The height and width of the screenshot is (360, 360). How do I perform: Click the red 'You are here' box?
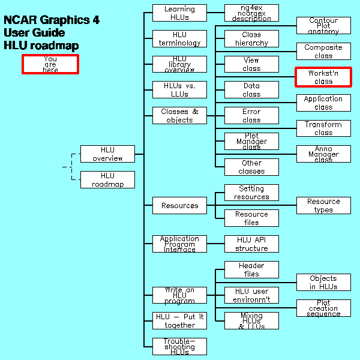tap(50, 64)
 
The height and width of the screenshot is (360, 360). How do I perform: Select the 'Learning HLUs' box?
tap(179, 13)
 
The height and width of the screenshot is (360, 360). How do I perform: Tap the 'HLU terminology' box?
tap(179, 38)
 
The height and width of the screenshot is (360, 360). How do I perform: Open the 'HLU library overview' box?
tap(179, 64)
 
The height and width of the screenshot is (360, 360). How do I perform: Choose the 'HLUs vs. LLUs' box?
tap(179, 90)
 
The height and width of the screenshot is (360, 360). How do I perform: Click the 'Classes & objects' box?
tap(179, 115)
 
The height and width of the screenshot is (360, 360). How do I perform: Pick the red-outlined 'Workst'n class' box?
tap(323, 77)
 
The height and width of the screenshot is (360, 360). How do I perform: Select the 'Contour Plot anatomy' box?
tap(323, 26)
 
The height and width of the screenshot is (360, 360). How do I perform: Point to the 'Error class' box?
tap(251, 115)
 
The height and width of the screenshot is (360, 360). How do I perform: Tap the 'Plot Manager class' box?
tap(251, 141)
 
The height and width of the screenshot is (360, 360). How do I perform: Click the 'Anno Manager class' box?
tap(323, 154)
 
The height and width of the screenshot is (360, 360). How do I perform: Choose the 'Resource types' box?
tap(323, 205)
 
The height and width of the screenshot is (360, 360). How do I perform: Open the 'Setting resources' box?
tap(251, 193)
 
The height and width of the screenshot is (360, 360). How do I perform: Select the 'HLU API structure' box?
tap(251, 244)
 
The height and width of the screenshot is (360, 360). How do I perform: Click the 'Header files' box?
tap(251, 269)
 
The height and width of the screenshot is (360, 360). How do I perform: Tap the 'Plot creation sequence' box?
tap(323, 308)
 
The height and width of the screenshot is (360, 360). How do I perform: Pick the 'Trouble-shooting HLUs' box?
tap(179, 346)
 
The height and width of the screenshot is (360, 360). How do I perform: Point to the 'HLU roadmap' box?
tap(107, 179)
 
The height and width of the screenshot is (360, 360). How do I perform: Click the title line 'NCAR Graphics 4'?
tap(52, 20)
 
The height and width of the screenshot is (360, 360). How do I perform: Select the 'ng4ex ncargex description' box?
tap(251, 13)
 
